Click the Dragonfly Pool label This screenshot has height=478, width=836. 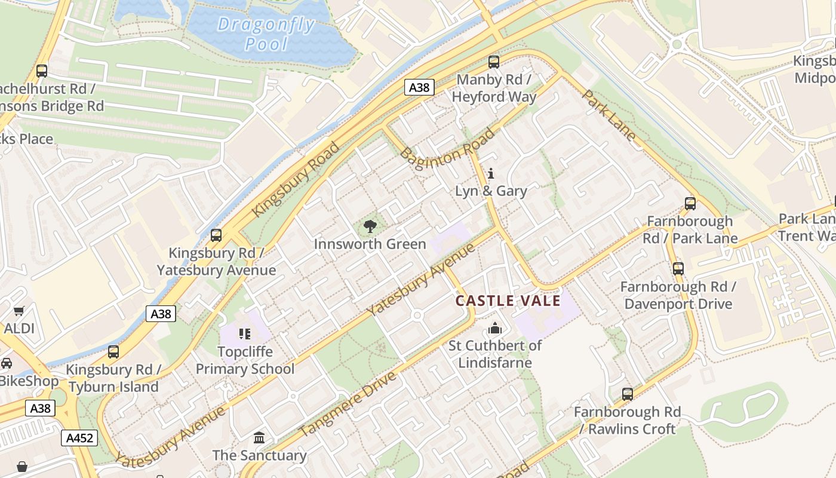(x=266, y=34)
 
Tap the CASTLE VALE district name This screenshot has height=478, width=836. (x=508, y=301)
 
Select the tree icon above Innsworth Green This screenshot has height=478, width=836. (x=370, y=226)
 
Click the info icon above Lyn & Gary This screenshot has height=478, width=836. (x=491, y=174)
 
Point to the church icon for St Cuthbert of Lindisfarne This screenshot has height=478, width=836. (x=494, y=328)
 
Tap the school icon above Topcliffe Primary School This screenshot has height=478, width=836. (x=245, y=333)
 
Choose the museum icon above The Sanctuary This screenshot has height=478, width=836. (x=259, y=438)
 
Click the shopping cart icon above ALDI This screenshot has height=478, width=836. (x=19, y=311)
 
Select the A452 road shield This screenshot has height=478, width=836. (x=79, y=438)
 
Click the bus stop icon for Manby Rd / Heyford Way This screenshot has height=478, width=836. (x=494, y=62)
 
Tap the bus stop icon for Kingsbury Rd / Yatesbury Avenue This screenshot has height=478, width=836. (x=216, y=235)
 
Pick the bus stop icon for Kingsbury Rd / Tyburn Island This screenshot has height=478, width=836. (x=113, y=352)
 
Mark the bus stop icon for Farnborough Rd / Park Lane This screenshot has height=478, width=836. (x=690, y=204)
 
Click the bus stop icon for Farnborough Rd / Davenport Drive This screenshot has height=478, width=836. (x=678, y=269)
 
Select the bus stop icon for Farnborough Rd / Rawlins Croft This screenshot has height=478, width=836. (x=627, y=394)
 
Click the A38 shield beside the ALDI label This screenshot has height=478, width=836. (x=161, y=314)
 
